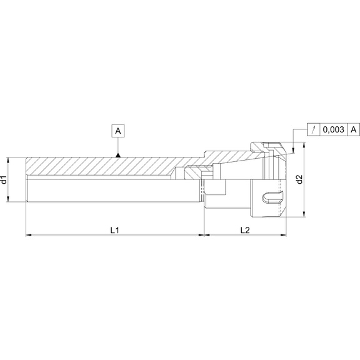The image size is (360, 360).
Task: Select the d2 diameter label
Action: coord(299,179)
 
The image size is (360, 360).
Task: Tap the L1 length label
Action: coord(115,231)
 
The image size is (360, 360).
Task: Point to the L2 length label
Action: coord(245,231)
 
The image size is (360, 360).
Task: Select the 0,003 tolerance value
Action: coord(334,129)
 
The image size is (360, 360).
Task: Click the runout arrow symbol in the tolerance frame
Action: coord(312,129)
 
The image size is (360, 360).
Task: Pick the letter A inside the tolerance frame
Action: coord(354,129)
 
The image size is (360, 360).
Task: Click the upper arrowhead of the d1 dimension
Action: coord(10,158)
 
